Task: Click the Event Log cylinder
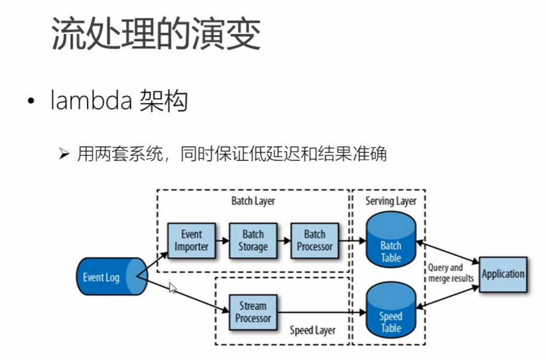[x=106, y=277]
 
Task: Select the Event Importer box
[x=191, y=240]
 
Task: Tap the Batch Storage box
[x=253, y=240]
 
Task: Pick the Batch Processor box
[x=315, y=240]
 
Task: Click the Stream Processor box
[x=253, y=311]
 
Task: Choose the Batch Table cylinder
[x=391, y=243]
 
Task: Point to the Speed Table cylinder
[x=391, y=314]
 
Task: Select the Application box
[x=503, y=274]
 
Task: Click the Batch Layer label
[x=253, y=201]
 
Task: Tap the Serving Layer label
[x=391, y=201]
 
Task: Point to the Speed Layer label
[x=313, y=330]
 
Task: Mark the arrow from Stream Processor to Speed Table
[x=320, y=312]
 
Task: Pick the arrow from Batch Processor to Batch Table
[x=353, y=240]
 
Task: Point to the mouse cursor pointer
[x=172, y=287]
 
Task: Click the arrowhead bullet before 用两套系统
[x=64, y=154]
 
